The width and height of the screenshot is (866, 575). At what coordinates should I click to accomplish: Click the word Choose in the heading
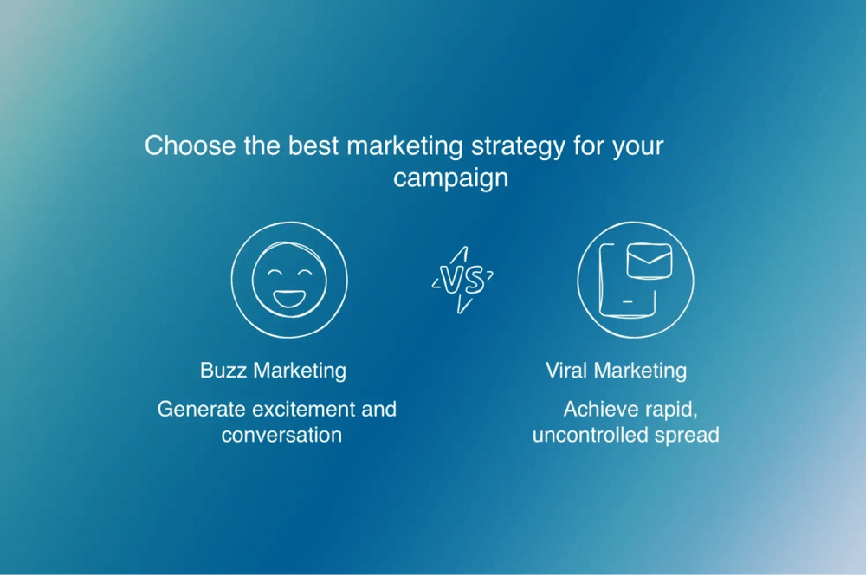(190, 145)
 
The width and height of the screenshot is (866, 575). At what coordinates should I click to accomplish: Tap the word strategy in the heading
(518, 148)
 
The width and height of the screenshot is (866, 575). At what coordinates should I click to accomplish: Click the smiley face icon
(289, 280)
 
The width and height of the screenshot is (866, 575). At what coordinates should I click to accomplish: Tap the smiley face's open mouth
(289, 298)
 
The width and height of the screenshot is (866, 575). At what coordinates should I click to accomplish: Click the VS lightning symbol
(462, 280)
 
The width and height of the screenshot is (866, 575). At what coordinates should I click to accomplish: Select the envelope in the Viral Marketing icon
(649, 261)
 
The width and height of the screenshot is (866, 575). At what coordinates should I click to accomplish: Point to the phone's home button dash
(627, 302)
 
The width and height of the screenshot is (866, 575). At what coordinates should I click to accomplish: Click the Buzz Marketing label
(273, 371)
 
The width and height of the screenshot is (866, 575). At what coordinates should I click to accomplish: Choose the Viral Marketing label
(616, 371)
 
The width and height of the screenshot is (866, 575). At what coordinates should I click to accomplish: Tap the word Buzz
(223, 371)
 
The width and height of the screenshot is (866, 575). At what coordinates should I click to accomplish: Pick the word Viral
(566, 371)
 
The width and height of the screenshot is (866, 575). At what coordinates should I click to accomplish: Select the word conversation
(281, 436)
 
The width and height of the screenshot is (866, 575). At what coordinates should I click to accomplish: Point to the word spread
(687, 436)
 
